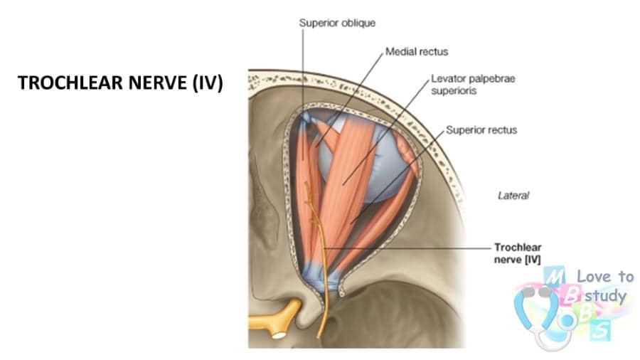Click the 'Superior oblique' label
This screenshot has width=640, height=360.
[337, 23]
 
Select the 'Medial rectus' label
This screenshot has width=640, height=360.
[417, 52]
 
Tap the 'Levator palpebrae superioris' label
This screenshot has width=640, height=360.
[473, 85]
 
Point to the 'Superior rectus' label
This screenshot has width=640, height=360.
[481, 130]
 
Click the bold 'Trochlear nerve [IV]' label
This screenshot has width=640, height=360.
[518, 253]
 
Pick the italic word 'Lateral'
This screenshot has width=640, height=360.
[513, 196]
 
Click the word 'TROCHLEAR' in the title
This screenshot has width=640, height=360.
[70, 83]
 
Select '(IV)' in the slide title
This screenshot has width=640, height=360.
[208, 83]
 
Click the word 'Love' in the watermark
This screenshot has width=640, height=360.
[594, 276]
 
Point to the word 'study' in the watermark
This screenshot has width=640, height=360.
[605, 295]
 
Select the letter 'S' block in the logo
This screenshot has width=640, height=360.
[599, 330]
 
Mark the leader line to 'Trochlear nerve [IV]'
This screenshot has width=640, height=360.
[407, 248]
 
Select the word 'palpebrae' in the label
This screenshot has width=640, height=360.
[493, 79]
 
